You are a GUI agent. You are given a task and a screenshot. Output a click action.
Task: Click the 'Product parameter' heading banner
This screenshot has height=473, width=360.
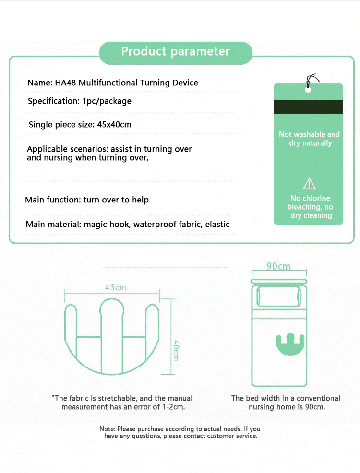[x=176, y=53]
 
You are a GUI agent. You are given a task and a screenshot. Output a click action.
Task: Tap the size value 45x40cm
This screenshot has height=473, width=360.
[x=114, y=124]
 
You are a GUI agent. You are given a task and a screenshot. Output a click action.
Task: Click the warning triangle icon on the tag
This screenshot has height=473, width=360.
[x=309, y=183]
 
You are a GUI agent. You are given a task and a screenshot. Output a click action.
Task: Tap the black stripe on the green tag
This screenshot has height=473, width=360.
[x=308, y=106]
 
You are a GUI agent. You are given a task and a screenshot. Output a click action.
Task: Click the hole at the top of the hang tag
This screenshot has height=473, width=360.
[x=308, y=90]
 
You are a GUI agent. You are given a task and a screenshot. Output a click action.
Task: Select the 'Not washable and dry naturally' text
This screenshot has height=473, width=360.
[x=309, y=139]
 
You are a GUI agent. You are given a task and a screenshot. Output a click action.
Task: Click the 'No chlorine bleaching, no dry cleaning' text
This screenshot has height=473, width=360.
[x=311, y=207]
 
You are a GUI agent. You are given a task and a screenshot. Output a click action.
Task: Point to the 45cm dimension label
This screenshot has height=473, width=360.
[x=116, y=287]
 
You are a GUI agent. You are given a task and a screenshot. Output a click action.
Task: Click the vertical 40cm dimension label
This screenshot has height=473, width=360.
[x=176, y=350]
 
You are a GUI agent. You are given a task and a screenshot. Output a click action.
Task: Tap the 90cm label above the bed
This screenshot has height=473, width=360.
[x=278, y=266]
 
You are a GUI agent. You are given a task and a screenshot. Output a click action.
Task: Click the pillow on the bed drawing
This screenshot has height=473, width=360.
[x=278, y=296]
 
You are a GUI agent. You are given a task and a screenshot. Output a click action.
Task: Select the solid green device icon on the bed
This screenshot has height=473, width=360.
[x=290, y=344]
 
